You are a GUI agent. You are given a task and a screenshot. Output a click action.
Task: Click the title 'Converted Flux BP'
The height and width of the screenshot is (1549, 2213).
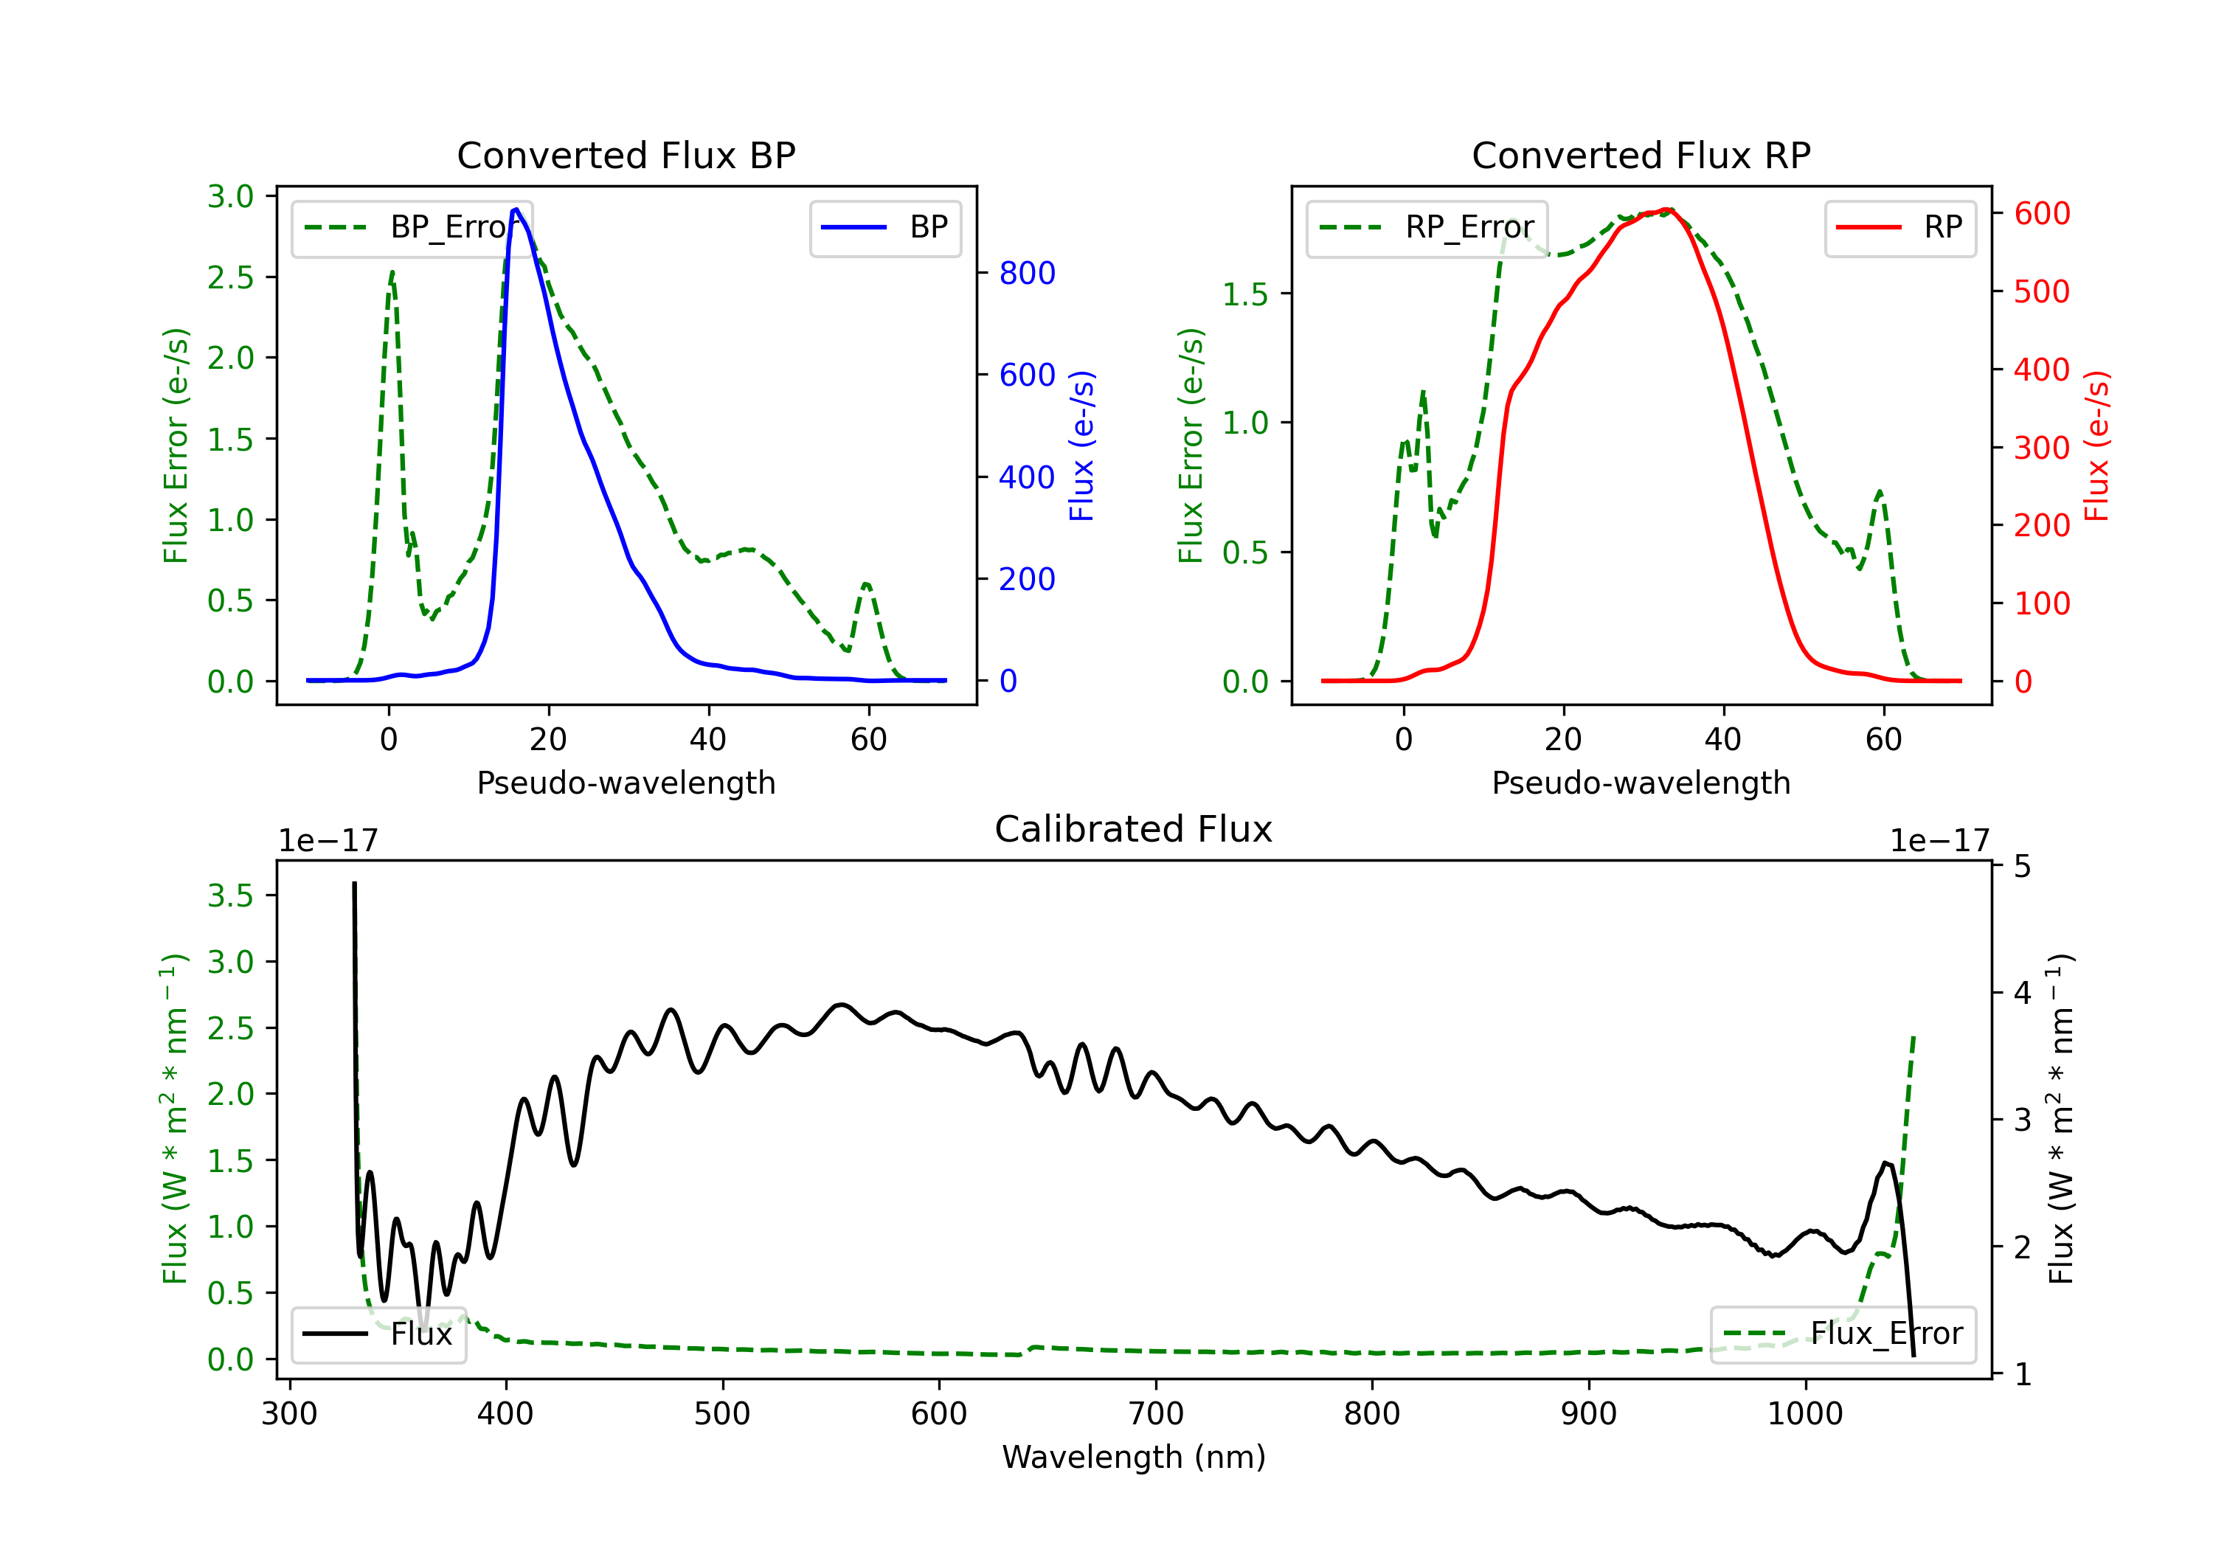tap(626, 155)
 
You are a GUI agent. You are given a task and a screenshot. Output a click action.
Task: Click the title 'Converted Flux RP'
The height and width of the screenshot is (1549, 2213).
tap(1641, 155)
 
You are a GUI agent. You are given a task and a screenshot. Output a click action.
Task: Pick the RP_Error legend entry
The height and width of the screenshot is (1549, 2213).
tap(1427, 227)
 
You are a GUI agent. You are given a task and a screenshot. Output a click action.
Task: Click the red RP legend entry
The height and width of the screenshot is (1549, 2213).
tap(1899, 227)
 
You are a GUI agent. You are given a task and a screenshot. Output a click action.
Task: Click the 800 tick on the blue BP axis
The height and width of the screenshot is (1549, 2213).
tap(1027, 273)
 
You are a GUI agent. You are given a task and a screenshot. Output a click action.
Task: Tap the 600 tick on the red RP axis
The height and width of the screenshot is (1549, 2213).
tap(2041, 213)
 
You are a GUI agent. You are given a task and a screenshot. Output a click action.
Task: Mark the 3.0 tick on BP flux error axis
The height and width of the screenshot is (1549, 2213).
tap(230, 197)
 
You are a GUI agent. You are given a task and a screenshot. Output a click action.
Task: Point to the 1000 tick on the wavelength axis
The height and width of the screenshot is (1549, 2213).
tap(1804, 1413)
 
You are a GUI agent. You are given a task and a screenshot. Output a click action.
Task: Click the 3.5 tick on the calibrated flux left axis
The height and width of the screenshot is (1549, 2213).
tap(230, 895)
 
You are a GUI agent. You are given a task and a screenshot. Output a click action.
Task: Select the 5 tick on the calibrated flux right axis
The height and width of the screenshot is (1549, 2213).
tap(2022, 867)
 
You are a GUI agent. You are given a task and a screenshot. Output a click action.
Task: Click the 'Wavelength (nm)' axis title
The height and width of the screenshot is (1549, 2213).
tap(1134, 1457)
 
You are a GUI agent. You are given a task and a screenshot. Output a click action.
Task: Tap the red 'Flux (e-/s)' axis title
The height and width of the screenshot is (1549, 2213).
tap(2096, 446)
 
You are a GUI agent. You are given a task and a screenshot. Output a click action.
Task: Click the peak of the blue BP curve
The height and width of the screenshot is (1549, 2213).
tap(516, 209)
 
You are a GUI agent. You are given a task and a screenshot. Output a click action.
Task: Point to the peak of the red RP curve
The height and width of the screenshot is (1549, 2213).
tap(1667, 209)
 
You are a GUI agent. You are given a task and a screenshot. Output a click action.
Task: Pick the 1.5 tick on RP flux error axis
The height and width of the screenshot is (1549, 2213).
tap(1245, 294)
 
